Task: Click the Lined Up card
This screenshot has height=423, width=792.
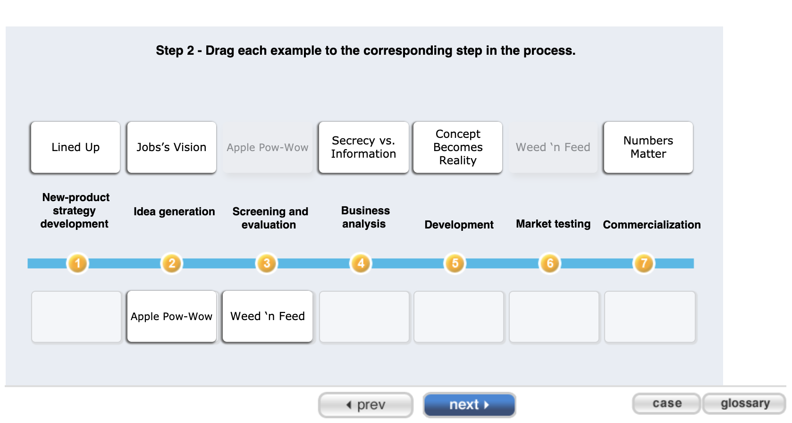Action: [x=76, y=147]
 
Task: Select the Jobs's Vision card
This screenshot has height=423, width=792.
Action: [x=171, y=147]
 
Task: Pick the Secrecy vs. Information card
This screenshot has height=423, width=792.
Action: [x=363, y=147]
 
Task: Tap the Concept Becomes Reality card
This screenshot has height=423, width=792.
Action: [x=458, y=147]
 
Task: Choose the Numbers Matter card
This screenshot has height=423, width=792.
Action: [x=648, y=147]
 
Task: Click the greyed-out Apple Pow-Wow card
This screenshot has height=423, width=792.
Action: [x=267, y=147]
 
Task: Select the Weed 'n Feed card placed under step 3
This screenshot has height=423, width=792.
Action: [x=267, y=316]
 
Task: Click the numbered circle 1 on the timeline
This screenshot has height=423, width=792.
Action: [x=78, y=263]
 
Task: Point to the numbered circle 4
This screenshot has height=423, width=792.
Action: [x=361, y=263]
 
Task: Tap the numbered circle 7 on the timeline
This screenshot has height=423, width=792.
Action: [x=644, y=263]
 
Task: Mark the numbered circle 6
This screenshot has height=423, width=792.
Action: [x=550, y=263]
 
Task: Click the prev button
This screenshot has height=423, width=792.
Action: [x=366, y=405]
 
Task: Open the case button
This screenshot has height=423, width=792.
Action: [x=666, y=404]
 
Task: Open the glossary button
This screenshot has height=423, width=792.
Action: [x=744, y=404]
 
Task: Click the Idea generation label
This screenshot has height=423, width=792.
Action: [x=174, y=211]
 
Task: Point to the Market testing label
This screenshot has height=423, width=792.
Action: [x=553, y=224]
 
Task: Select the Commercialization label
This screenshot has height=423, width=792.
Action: [x=651, y=225]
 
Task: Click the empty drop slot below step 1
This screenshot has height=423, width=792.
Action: [x=76, y=316]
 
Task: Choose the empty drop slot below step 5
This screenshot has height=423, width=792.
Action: [x=459, y=316]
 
